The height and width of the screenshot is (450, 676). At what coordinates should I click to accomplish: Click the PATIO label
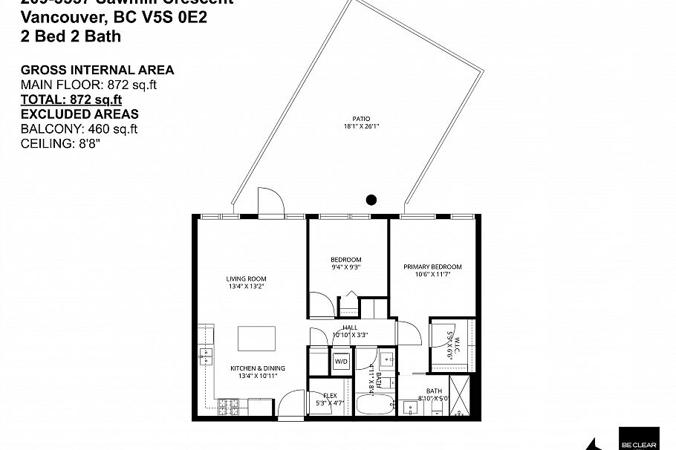tap(362, 118)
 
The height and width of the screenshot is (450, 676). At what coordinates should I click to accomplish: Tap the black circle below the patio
tap(371, 199)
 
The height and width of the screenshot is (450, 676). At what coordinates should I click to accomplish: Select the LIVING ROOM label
tap(246, 279)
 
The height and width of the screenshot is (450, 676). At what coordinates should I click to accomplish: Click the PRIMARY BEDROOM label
tap(432, 267)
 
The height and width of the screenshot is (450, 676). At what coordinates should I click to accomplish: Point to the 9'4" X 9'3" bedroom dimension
tap(346, 267)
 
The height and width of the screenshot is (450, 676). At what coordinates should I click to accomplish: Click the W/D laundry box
tap(341, 362)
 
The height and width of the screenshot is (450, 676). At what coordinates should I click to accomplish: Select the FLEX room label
tap(331, 395)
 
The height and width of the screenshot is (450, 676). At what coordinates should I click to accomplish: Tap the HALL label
tap(351, 327)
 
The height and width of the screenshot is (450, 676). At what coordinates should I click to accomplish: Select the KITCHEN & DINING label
tap(258, 368)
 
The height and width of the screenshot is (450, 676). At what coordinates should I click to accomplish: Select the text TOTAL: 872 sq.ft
tap(71, 100)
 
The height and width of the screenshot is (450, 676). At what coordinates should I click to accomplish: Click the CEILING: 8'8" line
tap(60, 143)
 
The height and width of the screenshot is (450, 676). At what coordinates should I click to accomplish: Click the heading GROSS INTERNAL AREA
tap(97, 71)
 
